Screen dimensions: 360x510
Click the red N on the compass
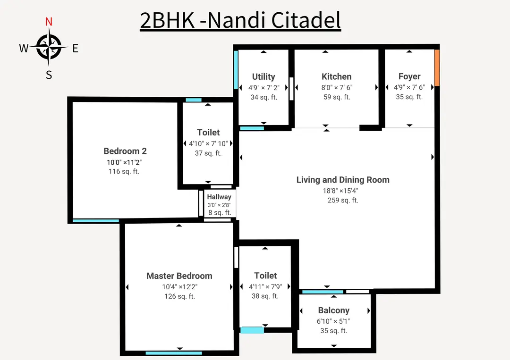click(x=48, y=22)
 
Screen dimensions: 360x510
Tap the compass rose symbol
click(x=49, y=47)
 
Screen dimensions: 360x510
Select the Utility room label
click(x=263, y=76)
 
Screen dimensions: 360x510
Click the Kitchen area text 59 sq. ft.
click(x=336, y=97)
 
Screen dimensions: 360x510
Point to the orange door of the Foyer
click(x=437, y=67)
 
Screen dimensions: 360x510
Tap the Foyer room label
click(x=409, y=76)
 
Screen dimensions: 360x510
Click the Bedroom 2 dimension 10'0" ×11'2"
click(x=125, y=162)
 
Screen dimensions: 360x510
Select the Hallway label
click(x=219, y=197)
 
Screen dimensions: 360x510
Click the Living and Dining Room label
click(x=343, y=180)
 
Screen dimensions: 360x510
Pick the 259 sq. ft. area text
click(x=343, y=200)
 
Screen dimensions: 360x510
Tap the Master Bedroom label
click(x=179, y=276)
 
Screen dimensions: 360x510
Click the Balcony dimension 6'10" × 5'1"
click(x=334, y=321)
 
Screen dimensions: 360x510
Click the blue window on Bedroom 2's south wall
click(x=96, y=220)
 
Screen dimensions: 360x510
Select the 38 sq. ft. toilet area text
click(x=265, y=296)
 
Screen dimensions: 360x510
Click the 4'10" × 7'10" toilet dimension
click(x=208, y=143)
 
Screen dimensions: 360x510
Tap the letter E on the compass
click(x=75, y=48)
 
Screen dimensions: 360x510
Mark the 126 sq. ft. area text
click(x=179, y=296)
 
